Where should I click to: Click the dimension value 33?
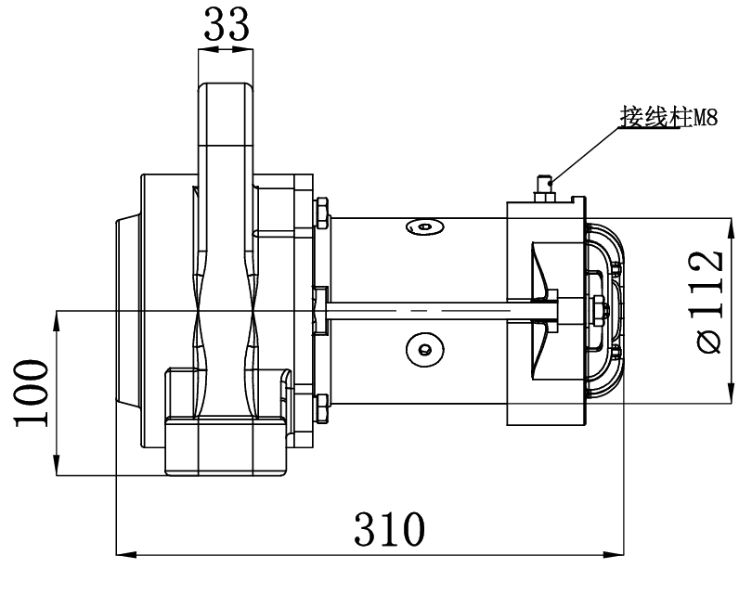click(x=227, y=25)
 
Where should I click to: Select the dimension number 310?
click(x=390, y=529)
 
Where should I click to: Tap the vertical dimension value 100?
click(x=31, y=393)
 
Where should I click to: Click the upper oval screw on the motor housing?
click(x=425, y=226)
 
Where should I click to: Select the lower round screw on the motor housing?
click(x=423, y=348)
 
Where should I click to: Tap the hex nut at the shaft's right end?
click(x=595, y=306)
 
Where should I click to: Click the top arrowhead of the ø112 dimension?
click(x=727, y=224)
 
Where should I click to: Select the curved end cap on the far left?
click(x=126, y=310)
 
